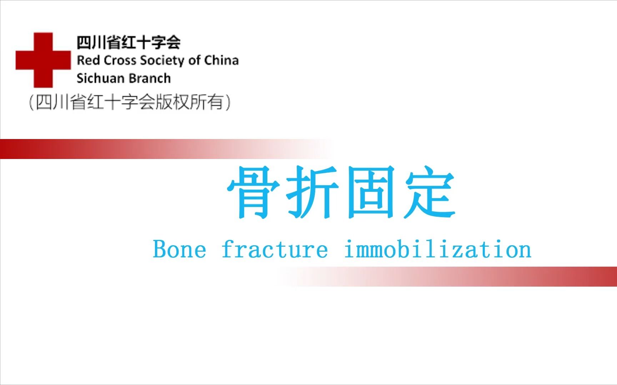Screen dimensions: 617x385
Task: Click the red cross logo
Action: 43,60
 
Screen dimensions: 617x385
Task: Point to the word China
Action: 221,60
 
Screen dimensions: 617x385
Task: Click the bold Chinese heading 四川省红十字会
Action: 129,42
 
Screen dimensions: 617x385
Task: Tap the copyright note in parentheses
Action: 130,102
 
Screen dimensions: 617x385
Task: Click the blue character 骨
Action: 254,192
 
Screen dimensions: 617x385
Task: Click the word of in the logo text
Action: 195,60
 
